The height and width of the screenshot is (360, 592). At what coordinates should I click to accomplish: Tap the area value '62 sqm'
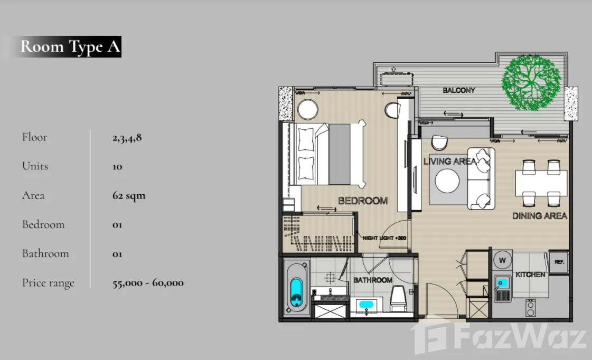click(129, 195)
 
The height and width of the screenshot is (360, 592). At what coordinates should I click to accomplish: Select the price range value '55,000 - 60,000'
click(148, 282)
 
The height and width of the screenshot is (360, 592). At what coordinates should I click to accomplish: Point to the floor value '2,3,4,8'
click(127, 137)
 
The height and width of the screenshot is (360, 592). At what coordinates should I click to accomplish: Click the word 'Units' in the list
click(35, 166)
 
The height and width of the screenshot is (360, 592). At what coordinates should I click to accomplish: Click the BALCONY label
click(459, 90)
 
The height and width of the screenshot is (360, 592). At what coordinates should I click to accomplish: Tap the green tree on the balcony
click(532, 83)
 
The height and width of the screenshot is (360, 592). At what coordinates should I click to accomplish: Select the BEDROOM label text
click(363, 201)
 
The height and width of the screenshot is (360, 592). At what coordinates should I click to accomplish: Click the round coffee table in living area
click(447, 181)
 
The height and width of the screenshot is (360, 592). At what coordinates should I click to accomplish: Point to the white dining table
click(541, 183)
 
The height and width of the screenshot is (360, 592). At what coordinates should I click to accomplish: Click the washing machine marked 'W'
click(503, 260)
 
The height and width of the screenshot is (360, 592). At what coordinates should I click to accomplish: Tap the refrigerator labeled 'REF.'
click(559, 262)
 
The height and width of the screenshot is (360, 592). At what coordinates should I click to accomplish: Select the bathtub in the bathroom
click(296, 288)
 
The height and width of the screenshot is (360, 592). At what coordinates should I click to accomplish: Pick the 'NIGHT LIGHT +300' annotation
click(384, 238)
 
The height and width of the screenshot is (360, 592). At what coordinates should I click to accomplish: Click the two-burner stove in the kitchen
click(530, 308)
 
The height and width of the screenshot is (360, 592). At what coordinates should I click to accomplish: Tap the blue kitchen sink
click(503, 283)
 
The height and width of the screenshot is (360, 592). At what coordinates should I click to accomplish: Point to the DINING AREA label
click(540, 216)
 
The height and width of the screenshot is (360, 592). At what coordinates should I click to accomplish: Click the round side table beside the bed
click(308, 109)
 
